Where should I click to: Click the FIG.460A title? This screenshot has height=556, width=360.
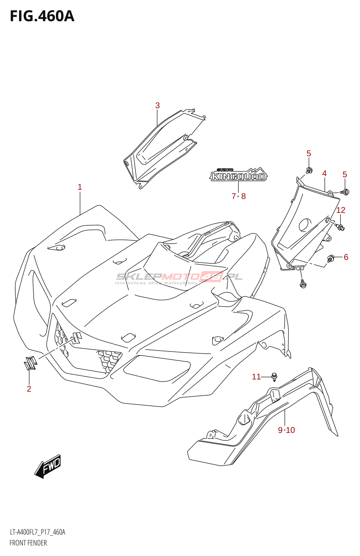(42, 16)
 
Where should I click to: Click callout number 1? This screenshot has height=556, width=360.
(80, 187)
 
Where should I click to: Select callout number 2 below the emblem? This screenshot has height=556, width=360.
(29, 389)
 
